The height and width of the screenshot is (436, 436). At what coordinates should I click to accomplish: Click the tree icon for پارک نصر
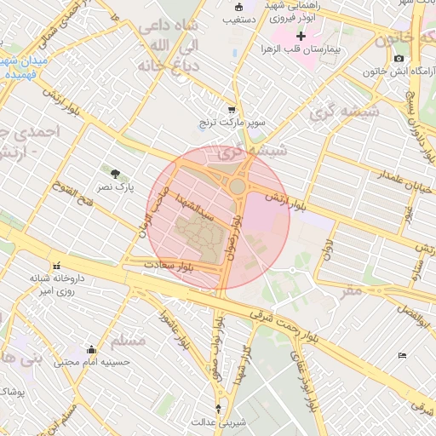115,174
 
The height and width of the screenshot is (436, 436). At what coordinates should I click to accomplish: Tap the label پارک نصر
114,186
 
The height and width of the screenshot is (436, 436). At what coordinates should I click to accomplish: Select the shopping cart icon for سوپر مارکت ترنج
232,111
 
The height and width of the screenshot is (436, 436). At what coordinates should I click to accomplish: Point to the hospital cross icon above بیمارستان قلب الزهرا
301,36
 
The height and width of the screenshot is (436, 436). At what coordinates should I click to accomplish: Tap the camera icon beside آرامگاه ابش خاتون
399,58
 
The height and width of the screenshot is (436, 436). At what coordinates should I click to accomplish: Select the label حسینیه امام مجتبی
92,361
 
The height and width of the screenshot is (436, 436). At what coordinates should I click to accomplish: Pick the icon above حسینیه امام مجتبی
92,349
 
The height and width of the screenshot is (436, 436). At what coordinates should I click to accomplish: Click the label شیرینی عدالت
218,421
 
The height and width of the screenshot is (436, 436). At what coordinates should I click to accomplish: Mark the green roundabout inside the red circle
238,186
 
